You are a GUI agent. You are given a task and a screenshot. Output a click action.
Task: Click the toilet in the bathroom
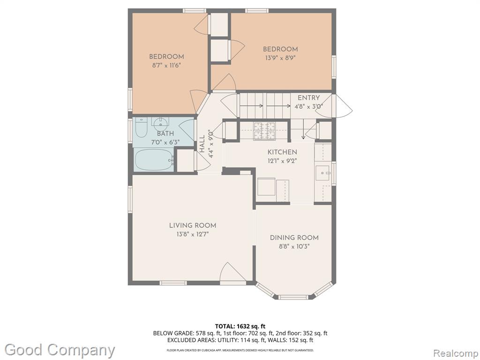141,127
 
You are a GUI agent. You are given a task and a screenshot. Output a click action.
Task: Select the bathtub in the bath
154,160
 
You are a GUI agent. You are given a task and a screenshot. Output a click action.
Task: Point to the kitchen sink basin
322,173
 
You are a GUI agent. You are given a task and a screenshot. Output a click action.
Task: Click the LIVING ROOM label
193,225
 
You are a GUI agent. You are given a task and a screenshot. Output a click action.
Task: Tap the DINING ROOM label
294,238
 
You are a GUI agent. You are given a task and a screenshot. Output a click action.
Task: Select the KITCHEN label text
282,152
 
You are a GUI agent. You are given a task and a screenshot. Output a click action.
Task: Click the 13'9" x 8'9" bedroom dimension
280,58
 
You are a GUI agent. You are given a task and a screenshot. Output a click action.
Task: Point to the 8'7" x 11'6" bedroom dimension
167,65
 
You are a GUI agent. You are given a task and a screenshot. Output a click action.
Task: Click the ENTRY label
308,98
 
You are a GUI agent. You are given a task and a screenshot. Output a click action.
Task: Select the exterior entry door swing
338,105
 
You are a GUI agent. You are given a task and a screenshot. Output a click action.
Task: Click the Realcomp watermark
455,353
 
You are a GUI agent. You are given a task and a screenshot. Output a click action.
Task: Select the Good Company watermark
60,350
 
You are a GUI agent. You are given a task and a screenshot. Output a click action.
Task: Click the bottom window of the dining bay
293,297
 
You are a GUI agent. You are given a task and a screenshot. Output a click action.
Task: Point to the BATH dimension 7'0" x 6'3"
165,142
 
